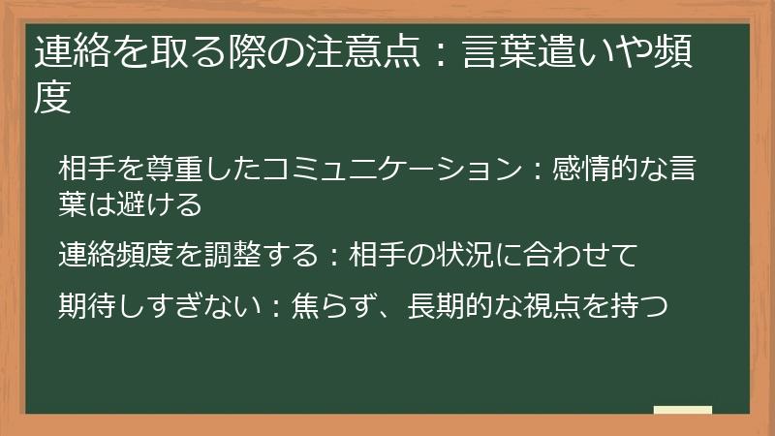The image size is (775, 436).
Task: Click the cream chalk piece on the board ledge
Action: click(x=682, y=410)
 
